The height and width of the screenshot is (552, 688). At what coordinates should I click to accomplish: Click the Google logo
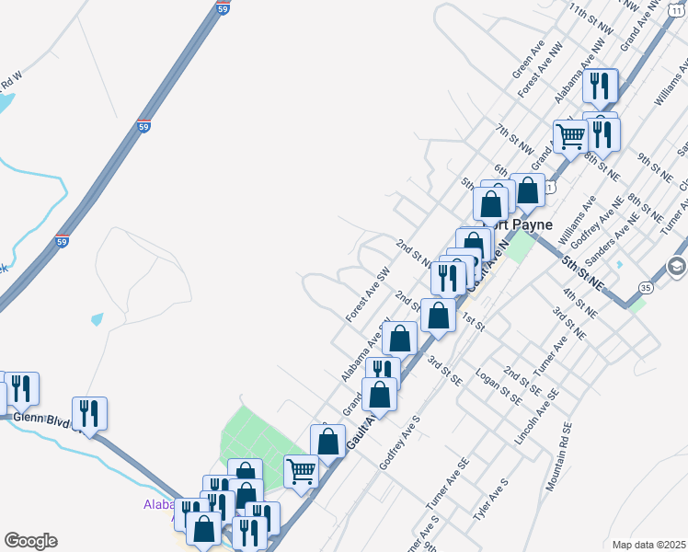[x=30, y=541]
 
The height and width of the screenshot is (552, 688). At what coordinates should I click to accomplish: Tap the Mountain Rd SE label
[x=558, y=457]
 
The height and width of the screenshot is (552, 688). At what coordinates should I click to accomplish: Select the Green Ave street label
[x=529, y=57]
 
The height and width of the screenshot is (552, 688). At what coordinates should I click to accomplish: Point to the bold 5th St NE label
[x=582, y=274]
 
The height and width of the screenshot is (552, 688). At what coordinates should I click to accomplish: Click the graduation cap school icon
[x=677, y=267]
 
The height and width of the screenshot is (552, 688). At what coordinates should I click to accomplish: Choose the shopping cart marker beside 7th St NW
[x=571, y=137]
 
